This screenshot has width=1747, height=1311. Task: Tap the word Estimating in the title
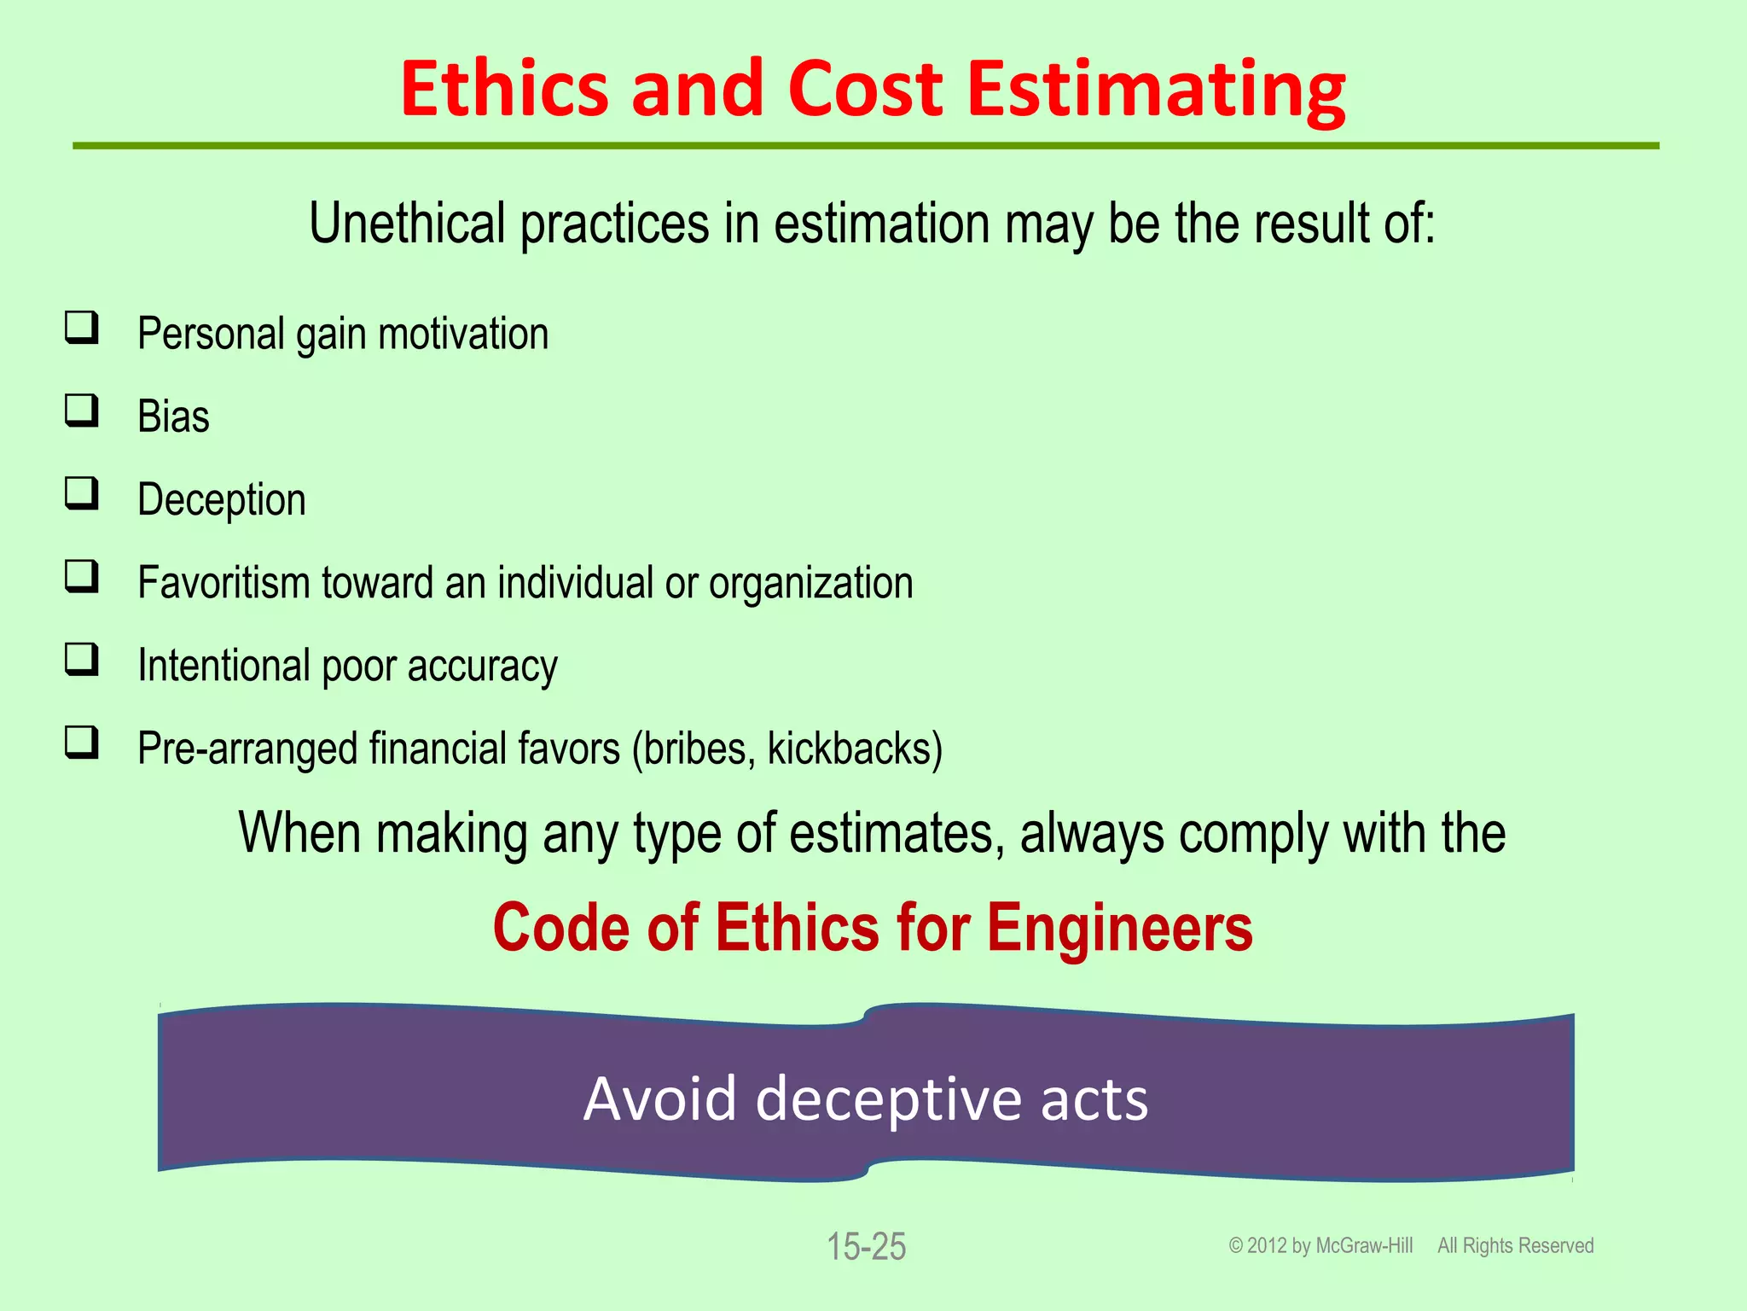[x=1156, y=90]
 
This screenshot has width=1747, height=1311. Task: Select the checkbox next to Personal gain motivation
[x=82, y=329]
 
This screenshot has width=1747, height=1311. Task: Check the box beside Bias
[x=82, y=411]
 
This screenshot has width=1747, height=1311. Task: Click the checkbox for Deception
[x=82, y=494]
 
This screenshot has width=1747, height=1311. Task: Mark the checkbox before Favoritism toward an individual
[x=82, y=577]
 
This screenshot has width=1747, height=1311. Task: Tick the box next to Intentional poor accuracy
[x=82, y=660]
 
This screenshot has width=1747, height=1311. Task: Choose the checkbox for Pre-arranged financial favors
[x=82, y=743]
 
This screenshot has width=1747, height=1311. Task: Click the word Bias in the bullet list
[x=173, y=417]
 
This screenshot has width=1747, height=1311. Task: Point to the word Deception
[x=222, y=500]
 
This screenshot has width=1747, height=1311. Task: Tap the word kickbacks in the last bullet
[x=854, y=749]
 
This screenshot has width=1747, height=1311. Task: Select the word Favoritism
[x=223, y=583]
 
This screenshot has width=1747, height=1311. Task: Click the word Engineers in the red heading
[x=1119, y=928]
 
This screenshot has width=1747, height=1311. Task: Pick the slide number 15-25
[x=866, y=1246]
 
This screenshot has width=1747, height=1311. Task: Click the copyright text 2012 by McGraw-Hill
[x=1320, y=1246]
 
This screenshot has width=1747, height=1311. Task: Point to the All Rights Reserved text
[x=1515, y=1246]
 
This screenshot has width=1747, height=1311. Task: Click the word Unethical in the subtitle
[x=407, y=224]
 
